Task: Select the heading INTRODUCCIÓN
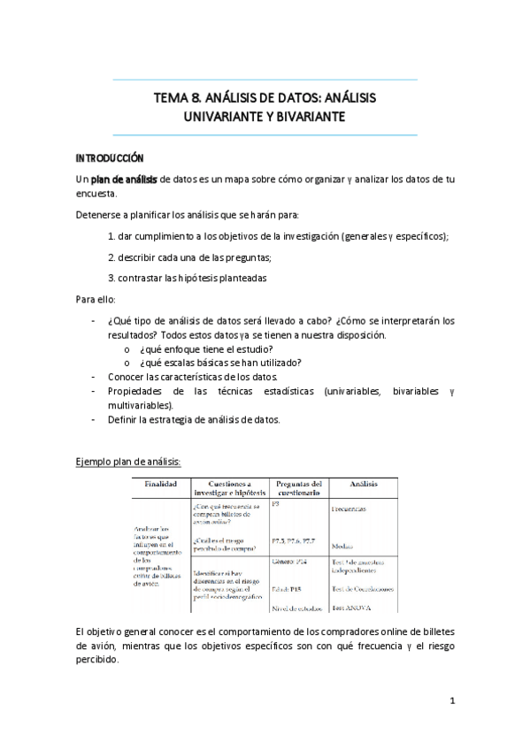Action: pyautogui.click(x=109, y=157)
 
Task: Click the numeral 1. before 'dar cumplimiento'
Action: pyautogui.click(x=111, y=236)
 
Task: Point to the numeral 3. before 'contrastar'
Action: pyautogui.click(x=111, y=277)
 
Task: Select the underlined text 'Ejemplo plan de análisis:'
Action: pyautogui.click(x=128, y=462)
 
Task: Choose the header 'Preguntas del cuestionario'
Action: pyautogui.click(x=298, y=488)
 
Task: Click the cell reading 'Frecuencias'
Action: pyautogui.click(x=349, y=509)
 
